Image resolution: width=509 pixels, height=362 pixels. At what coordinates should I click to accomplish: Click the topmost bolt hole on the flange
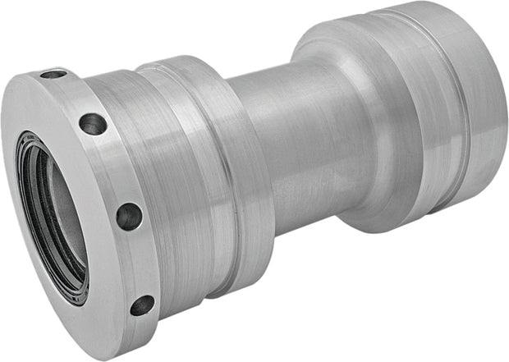click(53, 74)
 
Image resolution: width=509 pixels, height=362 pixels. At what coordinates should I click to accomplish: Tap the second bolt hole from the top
click(93, 124)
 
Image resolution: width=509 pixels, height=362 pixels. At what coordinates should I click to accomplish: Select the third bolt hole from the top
click(128, 216)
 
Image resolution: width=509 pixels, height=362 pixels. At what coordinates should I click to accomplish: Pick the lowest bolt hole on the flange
click(141, 305)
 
